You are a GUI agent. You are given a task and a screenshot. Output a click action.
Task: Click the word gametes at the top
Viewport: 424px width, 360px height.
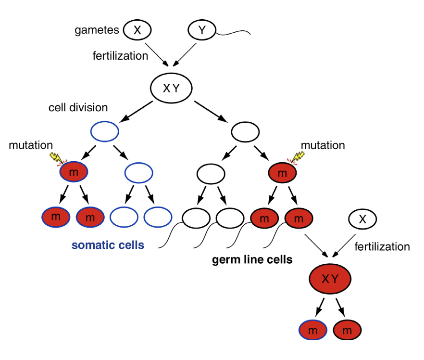click(96, 30)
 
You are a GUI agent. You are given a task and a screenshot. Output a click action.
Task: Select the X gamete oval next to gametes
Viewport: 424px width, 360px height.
click(137, 30)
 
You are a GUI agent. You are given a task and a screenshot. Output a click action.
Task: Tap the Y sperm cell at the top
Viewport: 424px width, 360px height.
click(202, 30)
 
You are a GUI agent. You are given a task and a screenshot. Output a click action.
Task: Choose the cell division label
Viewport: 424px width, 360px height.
click(78, 107)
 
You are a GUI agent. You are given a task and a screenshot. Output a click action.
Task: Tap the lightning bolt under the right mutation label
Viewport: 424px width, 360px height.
click(298, 156)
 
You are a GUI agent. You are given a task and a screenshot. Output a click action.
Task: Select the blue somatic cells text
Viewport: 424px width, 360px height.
click(108, 245)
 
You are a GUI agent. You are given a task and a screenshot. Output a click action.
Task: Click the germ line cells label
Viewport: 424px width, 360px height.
click(252, 260)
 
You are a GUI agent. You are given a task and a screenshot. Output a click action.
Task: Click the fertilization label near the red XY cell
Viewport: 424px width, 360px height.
click(382, 247)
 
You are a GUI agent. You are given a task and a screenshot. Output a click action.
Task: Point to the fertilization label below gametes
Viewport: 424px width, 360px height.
click(120, 56)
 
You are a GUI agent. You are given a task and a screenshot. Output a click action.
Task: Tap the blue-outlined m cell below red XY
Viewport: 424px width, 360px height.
click(312, 330)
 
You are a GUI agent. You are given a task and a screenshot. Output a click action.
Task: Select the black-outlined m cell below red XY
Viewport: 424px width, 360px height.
click(346, 330)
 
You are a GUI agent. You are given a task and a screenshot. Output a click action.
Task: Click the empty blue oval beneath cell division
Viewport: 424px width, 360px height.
click(105, 130)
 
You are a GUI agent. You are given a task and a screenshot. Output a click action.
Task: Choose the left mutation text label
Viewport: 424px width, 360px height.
click(30, 145)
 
